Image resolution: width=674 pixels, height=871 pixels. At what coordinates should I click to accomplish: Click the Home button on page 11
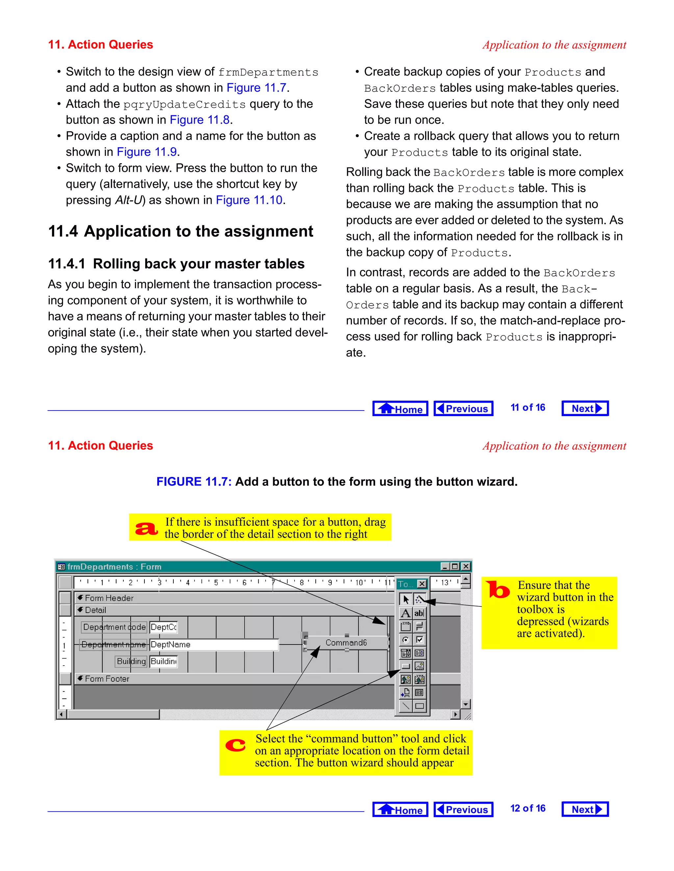tap(400, 408)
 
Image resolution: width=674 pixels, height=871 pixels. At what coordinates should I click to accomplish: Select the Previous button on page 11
tap(463, 408)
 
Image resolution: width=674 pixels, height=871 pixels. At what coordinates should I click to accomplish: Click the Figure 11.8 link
tap(199, 120)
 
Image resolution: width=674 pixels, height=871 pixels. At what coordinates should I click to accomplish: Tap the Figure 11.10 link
tap(249, 200)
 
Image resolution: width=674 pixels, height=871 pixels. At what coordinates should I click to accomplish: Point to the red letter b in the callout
tap(498, 590)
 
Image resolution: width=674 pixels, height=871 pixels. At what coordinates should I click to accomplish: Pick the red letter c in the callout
tap(235, 745)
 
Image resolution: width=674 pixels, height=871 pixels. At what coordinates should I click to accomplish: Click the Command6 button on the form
tap(346, 643)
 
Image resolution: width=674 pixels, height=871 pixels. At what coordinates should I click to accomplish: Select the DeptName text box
tap(214, 645)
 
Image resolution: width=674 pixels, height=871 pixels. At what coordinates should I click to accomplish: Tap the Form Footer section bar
tap(107, 678)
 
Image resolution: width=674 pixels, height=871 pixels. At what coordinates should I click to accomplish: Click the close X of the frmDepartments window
tap(466, 566)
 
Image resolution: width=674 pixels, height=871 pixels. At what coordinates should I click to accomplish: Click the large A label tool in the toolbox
tap(406, 613)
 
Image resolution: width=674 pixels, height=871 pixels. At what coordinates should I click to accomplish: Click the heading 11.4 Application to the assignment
tap(180, 231)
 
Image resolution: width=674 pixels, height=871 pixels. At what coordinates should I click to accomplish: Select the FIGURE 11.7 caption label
tap(194, 482)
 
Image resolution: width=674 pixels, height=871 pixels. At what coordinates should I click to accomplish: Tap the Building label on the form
tap(131, 661)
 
